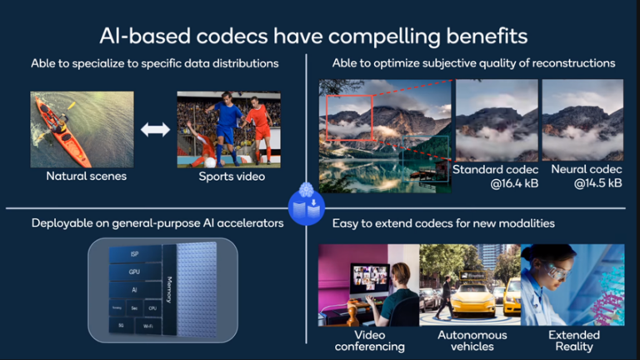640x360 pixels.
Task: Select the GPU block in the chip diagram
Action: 133,271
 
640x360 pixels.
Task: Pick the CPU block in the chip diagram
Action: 152,307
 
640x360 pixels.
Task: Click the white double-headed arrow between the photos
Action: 153,129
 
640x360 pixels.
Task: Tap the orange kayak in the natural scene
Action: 62,133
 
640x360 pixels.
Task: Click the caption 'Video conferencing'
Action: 363,340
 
